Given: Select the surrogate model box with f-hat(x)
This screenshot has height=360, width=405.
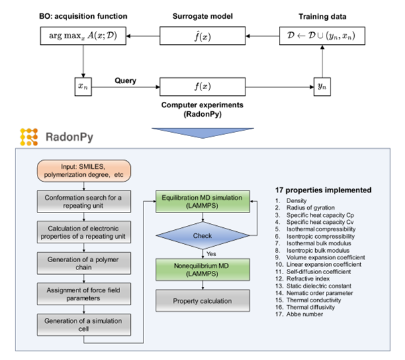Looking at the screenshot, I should (x=199, y=36).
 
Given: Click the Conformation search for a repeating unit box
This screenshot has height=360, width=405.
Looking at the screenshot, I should (x=84, y=203).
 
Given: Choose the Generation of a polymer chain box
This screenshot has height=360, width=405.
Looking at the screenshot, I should (x=84, y=262).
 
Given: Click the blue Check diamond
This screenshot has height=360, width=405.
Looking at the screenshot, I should (x=199, y=235).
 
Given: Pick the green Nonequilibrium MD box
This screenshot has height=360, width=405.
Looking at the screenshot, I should (x=199, y=271).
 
